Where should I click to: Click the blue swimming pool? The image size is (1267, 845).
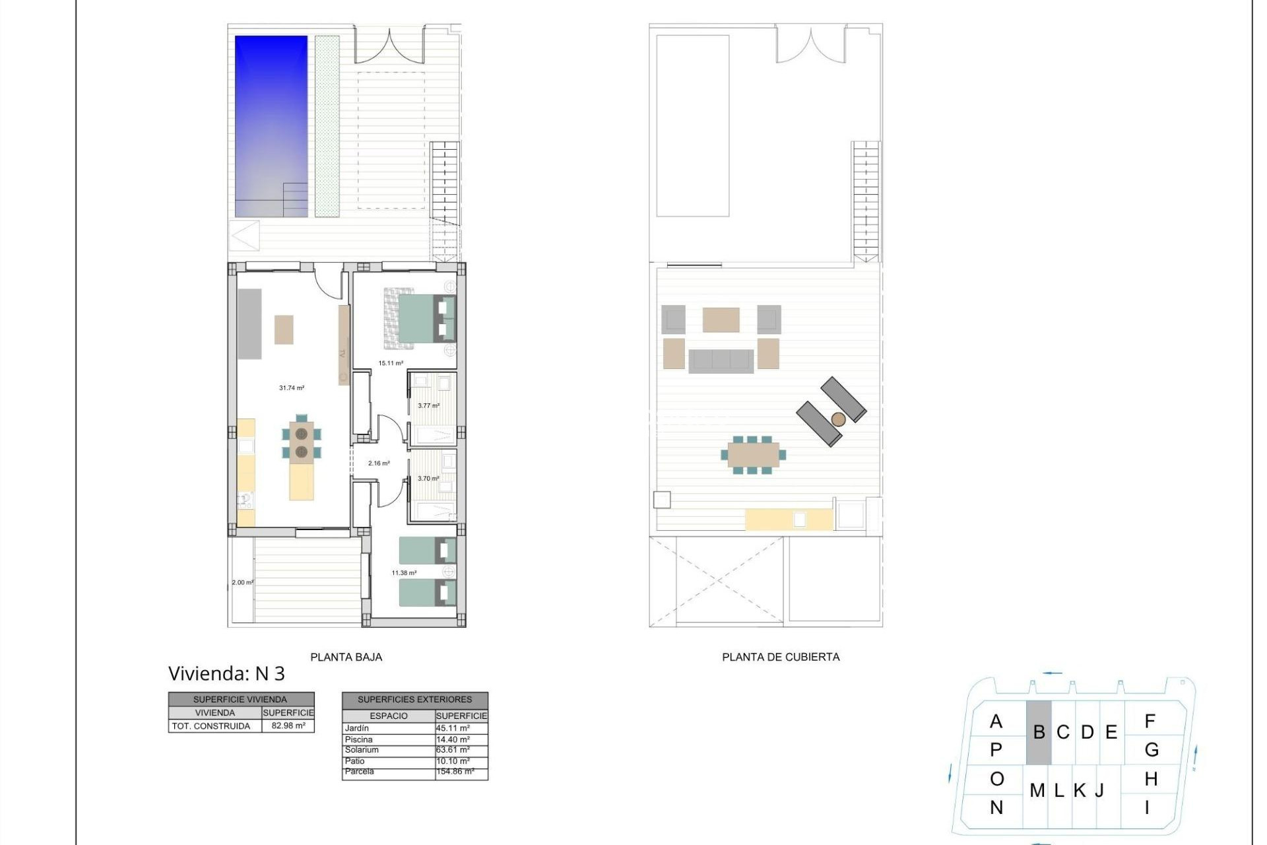click(x=271, y=125)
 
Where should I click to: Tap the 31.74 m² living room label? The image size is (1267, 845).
click(x=292, y=388)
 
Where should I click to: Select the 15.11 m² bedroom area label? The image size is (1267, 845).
click(x=391, y=363)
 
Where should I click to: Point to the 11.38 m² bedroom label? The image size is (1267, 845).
click(x=404, y=573)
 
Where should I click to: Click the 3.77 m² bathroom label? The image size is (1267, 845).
click(x=428, y=406)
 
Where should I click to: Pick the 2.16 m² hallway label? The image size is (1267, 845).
click(x=379, y=463)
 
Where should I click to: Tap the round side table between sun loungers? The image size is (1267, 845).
click(x=838, y=419)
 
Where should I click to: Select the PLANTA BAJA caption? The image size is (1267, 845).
click(x=346, y=657)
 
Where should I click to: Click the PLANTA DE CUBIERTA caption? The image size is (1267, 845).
click(x=781, y=657)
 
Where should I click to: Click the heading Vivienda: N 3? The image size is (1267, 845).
click(x=226, y=673)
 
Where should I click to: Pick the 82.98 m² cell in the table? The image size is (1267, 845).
click(x=288, y=726)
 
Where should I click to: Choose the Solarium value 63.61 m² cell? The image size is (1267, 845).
click(x=453, y=750)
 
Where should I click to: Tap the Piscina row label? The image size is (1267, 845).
click(x=359, y=739)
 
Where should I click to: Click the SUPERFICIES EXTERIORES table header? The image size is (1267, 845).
click(x=414, y=699)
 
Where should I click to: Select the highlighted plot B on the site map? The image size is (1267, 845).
click(x=1039, y=732)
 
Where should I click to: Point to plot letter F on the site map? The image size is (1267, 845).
click(x=1150, y=722)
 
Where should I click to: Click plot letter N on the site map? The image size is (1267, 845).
click(x=996, y=807)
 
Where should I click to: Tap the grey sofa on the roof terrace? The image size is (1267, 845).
click(x=721, y=361)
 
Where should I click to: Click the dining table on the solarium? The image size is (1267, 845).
click(x=753, y=454)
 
